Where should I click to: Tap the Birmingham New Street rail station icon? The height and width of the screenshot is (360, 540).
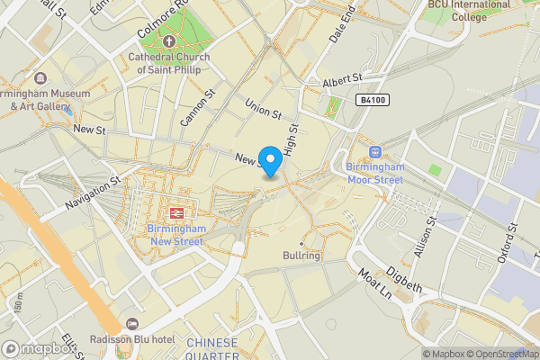tap(177, 212)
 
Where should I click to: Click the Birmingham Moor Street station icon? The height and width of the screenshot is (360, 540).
tap(374, 152)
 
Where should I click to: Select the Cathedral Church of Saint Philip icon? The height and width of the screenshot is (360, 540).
tap(168, 40)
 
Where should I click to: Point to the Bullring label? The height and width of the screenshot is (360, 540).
tap(301, 256)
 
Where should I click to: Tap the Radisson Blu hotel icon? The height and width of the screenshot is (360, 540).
tap(133, 324)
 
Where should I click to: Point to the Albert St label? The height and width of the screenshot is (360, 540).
tap(342, 82)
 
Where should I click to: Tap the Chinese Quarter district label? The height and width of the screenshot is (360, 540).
tap(212, 348)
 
